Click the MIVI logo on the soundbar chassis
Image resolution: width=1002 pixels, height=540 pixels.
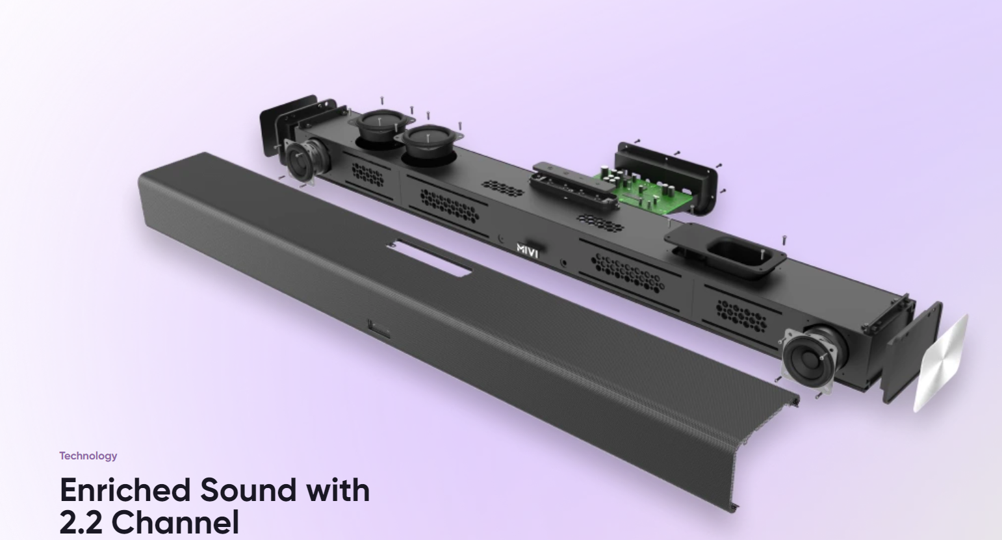pyautogui.click(x=527, y=250)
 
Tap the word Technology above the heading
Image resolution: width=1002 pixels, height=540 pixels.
pyautogui.click(x=88, y=456)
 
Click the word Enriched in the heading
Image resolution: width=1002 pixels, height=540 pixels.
pyautogui.click(x=125, y=490)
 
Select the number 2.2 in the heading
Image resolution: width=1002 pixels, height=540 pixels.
pyautogui.click(x=81, y=522)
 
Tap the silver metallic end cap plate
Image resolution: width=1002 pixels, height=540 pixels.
pyautogui.click(x=940, y=364)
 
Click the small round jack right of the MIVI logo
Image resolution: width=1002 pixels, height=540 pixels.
pyautogui.click(x=563, y=264)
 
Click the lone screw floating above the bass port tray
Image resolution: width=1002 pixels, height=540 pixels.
pyautogui.click(x=784, y=240)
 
